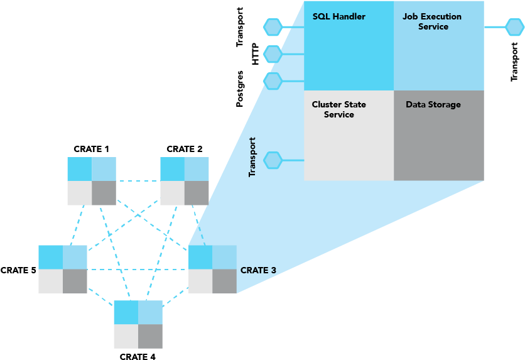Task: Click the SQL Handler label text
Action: (x=338, y=16)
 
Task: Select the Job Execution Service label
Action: (x=432, y=21)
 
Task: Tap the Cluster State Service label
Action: (x=338, y=109)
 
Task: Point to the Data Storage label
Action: (x=433, y=104)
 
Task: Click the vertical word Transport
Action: (x=252, y=157)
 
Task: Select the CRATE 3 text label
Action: (x=258, y=271)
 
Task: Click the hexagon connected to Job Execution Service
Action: (x=514, y=27)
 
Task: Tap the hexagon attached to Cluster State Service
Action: (x=273, y=160)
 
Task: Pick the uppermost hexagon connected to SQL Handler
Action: (x=273, y=27)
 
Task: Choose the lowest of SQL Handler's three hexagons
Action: (x=273, y=81)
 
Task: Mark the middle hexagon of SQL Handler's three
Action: (x=273, y=54)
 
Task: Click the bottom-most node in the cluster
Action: (x=138, y=324)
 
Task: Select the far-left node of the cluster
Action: (x=63, y=269)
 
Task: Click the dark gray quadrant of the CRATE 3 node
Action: (x=224, y=281)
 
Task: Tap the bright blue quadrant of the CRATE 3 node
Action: (x=200, y=257)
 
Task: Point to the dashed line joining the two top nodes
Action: (x=138, y=181)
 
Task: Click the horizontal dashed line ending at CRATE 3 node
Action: (x=138, y=270)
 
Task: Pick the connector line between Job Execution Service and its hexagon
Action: (x=495, y=27)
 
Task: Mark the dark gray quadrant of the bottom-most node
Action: (x=150, y=336)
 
